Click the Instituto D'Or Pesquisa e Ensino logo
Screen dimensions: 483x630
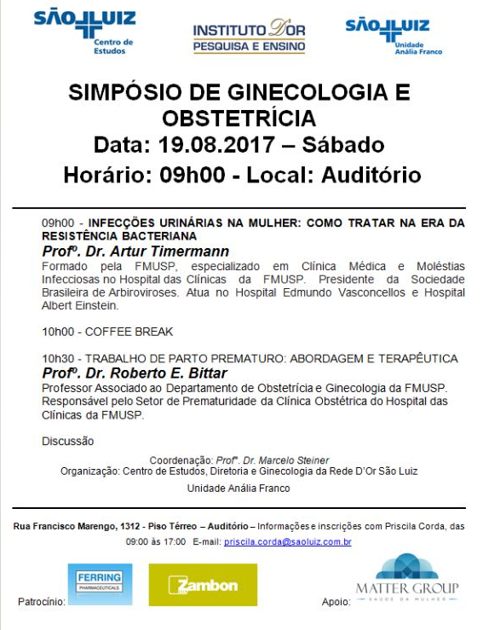coord(249,36)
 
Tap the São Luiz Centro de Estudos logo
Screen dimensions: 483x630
coord(84,32)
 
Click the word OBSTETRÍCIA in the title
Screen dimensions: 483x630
coord(239,117)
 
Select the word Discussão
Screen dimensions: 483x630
coord(68,441)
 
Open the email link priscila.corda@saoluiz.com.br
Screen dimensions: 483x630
coord(287,542)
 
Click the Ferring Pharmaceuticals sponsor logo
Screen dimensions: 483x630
coord(100,584)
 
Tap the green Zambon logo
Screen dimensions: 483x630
coord(202,585)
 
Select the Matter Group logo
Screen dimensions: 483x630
coord(406,581)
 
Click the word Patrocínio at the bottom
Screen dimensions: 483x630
coord(41,602)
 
